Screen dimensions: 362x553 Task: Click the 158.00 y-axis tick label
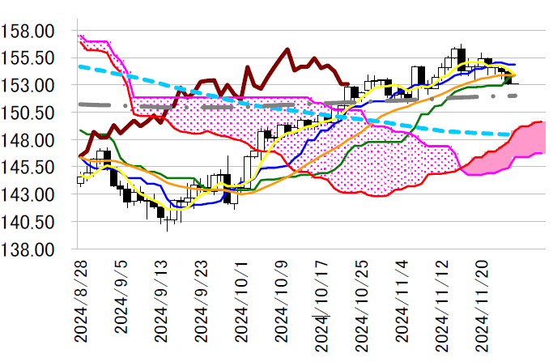click(29, 32)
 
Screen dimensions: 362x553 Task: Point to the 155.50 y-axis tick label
click(29, 58)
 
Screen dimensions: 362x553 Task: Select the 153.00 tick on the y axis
click(29, 86)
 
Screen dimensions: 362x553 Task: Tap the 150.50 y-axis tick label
click(29, 113)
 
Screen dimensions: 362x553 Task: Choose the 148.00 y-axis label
click(29, 140)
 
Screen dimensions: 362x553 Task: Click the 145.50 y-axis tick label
click(29, 167)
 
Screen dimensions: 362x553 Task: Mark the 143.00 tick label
click(29, 194)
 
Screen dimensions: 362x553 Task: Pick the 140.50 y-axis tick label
click(29, 222)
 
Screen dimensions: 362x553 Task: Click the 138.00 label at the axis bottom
click(29, 249)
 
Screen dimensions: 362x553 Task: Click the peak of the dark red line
click(288, 49)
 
